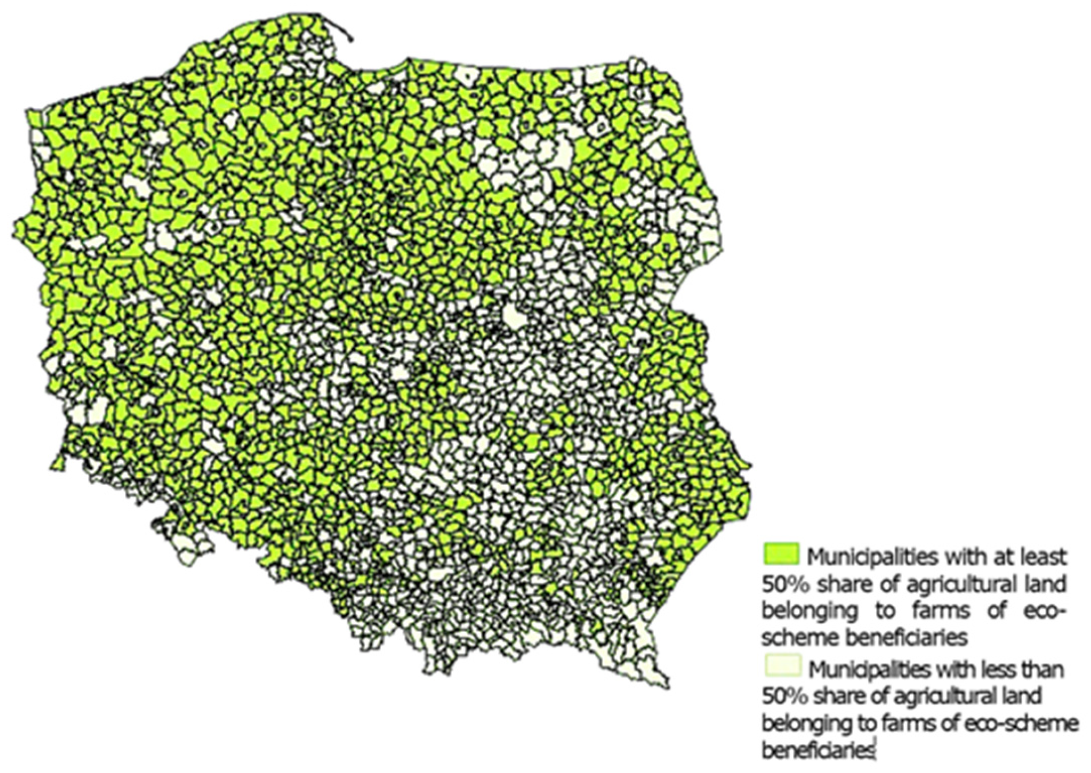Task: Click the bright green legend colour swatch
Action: point(781,554)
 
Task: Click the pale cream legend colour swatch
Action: point(783,665)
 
